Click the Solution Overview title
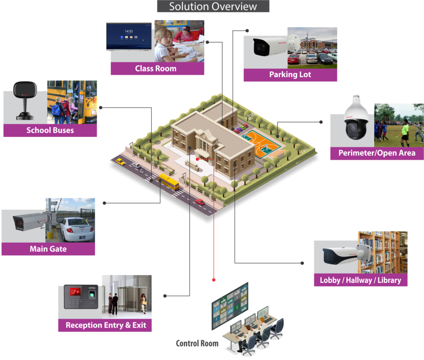tap(213, 7)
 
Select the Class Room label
tap(156, 69)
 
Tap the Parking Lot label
tap(290, 75)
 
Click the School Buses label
tap(50, 130)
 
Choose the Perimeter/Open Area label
tap(376, 153)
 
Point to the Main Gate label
tap(48, 249)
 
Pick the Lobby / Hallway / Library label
tap(360, 280)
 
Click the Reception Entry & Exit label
tap(106, 325)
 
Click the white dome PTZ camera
tap(352, 120)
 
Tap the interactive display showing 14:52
tap(129, 36)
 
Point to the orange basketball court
tap(260, 143)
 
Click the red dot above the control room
tap(214, 280)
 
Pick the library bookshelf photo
tap(382, 252)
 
